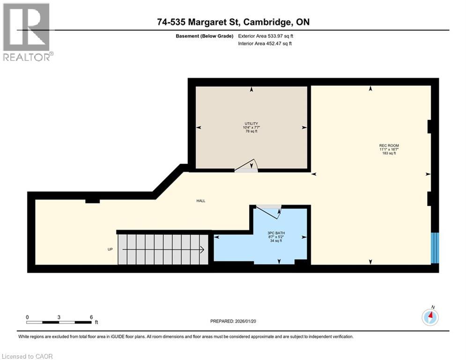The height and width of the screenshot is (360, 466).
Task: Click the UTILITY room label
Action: (x=251, y=124)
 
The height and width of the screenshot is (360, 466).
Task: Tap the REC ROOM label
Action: (x=389, y=146)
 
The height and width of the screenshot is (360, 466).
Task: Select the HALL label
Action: (x=201, y=201)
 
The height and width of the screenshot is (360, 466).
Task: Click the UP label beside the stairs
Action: (x=111, y=249)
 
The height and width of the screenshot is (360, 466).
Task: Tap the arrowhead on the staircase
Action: (x=202, y=250)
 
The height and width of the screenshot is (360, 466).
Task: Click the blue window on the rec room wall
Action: (x=436, y=248)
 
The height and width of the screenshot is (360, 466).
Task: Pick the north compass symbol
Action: (x=429, y=317)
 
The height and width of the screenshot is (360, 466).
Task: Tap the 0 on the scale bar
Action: (x=28, y=317)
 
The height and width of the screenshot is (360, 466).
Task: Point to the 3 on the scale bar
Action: (x=59, y=317)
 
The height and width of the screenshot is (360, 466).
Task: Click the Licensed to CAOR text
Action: (x=28, y=356)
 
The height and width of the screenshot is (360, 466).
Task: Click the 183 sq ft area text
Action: (x=389, y=153)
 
